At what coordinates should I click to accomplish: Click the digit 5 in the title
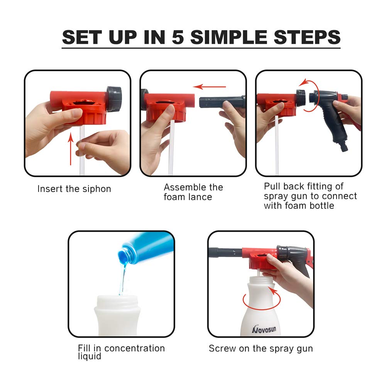coord(178,37)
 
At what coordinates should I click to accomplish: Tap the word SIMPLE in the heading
coord(229,37)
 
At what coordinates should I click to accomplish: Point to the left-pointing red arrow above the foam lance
coord(210,86)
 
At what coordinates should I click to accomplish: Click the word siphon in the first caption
coord(97,189)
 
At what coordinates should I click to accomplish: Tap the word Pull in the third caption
coord(272,186)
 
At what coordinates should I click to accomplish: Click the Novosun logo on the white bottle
coord(264,329)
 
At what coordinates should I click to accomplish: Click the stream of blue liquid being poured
coord(122,278)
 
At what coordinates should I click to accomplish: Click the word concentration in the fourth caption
coord(134,348)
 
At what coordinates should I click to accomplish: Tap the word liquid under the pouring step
coord(90,356)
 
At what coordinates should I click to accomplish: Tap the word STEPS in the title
coord(307,37)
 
